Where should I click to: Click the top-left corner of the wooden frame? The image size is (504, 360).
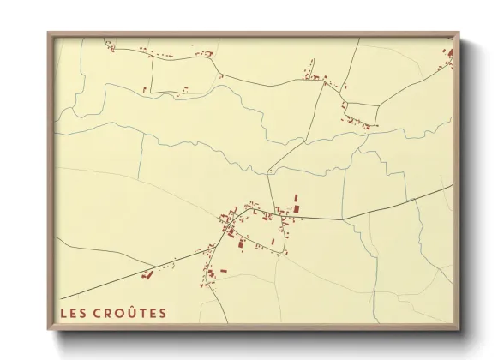pos(48,33)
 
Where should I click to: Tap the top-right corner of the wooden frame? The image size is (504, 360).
pos(459,33)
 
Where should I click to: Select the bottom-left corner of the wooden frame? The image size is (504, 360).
pos(48,331)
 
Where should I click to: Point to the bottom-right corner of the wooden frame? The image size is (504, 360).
pos(459,331)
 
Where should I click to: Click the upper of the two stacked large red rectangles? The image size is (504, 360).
pos(297,198)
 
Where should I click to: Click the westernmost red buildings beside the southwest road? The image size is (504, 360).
pos(146,276)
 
